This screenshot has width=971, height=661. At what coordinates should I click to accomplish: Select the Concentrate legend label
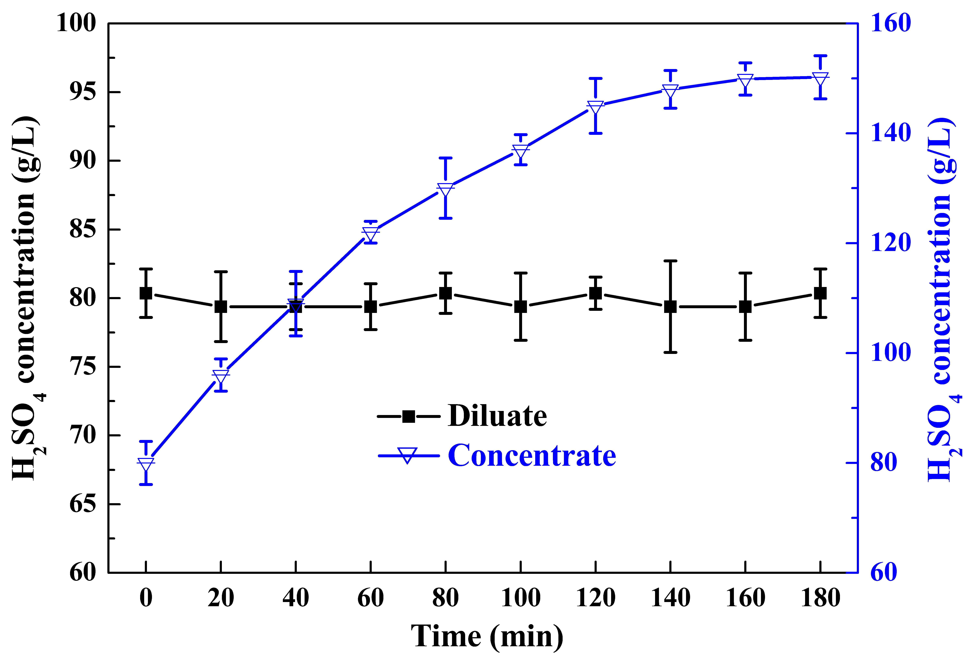click(x=531, y=456)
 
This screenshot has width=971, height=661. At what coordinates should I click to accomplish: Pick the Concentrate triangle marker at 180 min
click(x=820, y=79)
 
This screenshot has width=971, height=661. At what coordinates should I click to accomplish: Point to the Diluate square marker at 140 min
click(x=670, y=306)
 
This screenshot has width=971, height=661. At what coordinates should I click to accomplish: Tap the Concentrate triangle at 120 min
click(x=595, y=107)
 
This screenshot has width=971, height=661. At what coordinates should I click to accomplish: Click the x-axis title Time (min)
click(x=487, y=636)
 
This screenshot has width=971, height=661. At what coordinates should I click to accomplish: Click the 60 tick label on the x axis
click(x=371, y=598)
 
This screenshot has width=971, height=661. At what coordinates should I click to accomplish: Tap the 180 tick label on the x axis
click(x=820, y=598)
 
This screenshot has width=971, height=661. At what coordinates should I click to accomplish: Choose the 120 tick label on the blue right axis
click(x=890, y=243)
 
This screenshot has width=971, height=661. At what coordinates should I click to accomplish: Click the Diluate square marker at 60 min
click(x=371, y=306)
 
